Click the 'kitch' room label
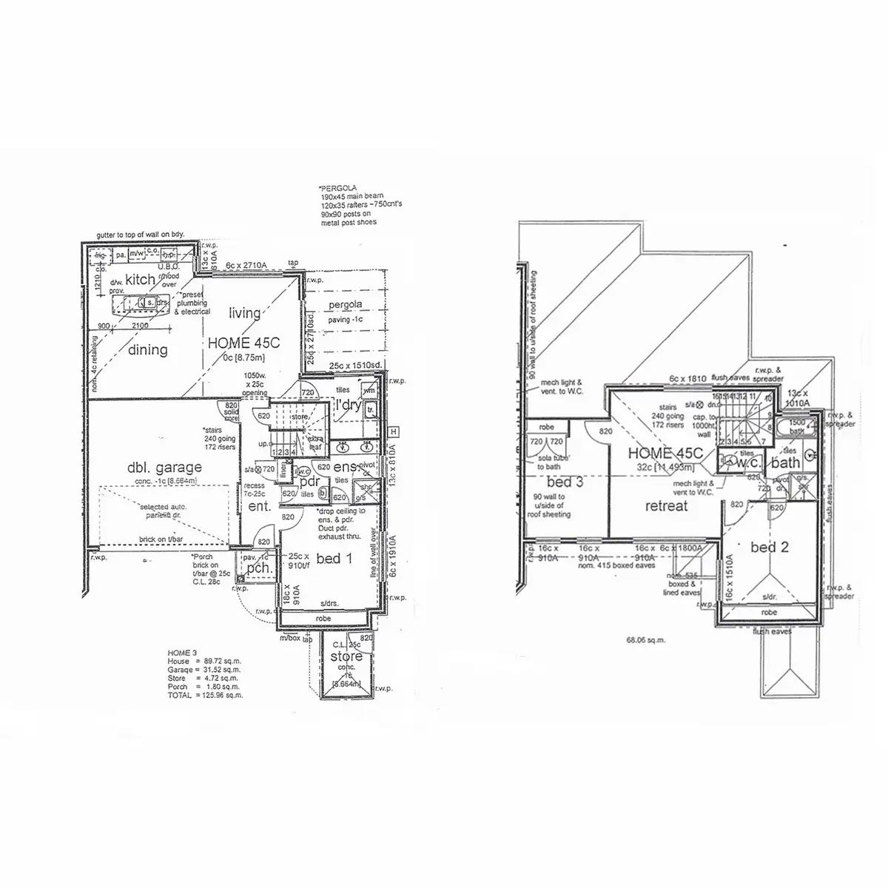pyautogui.click(x=140, y=280)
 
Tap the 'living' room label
pyautogui.click(x=244, y=313)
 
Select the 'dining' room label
pyautogui.click(x=147, y=349)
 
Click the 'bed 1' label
pyautogui.click(x=334, y=559)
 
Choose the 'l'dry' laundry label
pyautogui.click(x=348, y=405)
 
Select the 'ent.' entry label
pyautogui.click(x=259, y=507)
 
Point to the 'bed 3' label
pyautogui.click(x=565, y=482)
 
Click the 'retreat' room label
pyautogui.click(x=666, y=506)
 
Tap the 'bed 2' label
pyautogui.click(x=768, y=548)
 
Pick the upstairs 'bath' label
pyautogui.click(x=785, y=463)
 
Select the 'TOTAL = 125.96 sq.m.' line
pyautogui.click(x=205, y=696)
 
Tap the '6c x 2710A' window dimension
pyautogui.click(x=246, y=264)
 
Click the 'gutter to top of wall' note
pyautogui.click(x=140, y=235)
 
